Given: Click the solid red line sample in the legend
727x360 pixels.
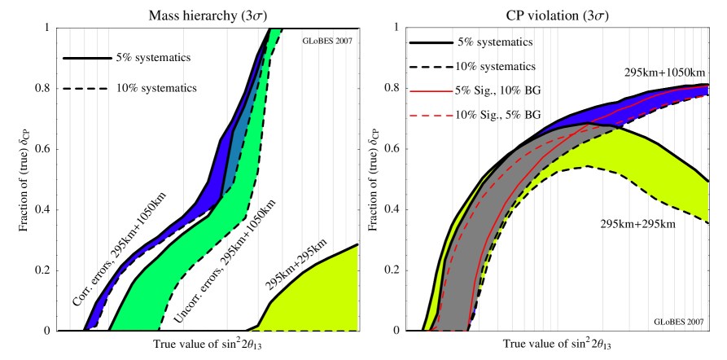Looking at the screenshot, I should (x=431, y=91).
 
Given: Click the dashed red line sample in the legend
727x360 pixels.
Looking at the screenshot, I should (x=431, y=116).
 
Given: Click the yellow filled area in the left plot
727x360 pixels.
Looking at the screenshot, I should (x=318, y=293).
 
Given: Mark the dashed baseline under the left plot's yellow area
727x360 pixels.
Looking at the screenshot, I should (x=309, y=331).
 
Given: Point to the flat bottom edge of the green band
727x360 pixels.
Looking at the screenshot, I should (x=134, y=329).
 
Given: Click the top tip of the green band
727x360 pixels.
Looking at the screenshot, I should (x=275, y=31).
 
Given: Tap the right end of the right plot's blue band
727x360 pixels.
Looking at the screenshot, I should (x=705, y=90).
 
